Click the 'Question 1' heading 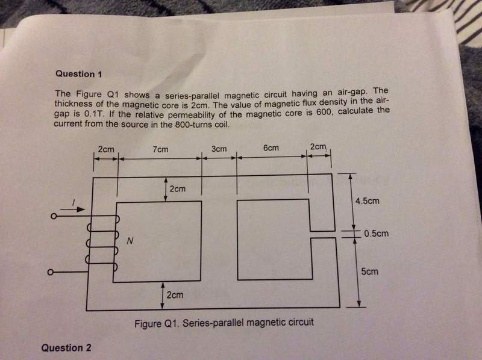pyautogui.click(x=79, y=74)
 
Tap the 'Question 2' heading pyautogui.click(x=66, y=348)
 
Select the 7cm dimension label pyautogui.click(x=160, y=149)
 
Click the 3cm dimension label pyautogui.click(x=219, y=149)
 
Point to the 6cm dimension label pyautogui.click(x=271, y=147)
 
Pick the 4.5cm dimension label pyautogui.click(x=368, y=201)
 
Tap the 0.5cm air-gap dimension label pyautogui.click(x=376, y=234)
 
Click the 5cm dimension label pyautogui.click(x=369, y=272)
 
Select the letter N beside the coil pyautogui.click(x=130, y=241)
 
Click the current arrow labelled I pyautogui.click(x=72, y=209)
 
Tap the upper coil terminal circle pyautogui.click(x=54, y=217)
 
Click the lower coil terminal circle pyautogui.click(x=51, y=273)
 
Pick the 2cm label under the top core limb pyautogui.click(x=178, y=188)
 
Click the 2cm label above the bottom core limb pyautogui.click(x=175, y=295)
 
